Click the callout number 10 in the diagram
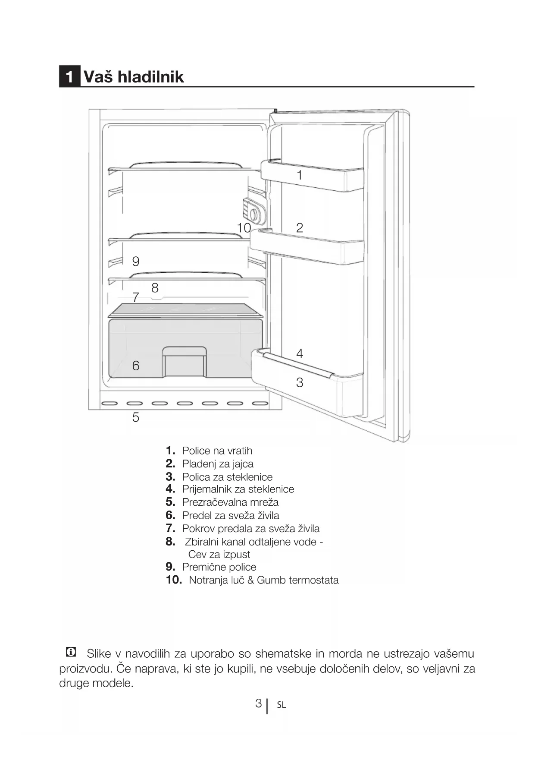click(x=244, y=227)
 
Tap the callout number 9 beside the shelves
click(x=136, y=261)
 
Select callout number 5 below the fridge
click(x=136, y=417)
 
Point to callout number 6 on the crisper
click(x=136, y=366)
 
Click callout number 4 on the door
click(x=300, y=353)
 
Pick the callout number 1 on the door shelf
click(x=300, y=175)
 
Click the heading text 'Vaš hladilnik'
click(x=134, y=77)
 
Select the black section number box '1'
click(x=69, y=77)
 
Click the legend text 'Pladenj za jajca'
click(x=218, y=464)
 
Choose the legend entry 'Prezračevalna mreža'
click(x=230, y=502)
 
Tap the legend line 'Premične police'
click(x=219, y=567)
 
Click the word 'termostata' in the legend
click(x=313, y=580)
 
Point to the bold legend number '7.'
click(x=170, y=528)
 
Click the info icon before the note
click(x=70, y=652)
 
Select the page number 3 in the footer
click(x=258, y=703)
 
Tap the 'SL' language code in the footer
click(x=282, y=705)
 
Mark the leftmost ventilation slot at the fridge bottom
click(x=110, y=404)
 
